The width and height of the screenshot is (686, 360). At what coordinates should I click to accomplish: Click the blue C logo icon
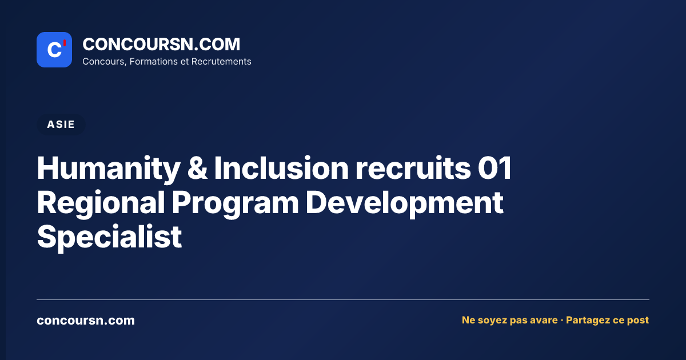[x=54, y=50]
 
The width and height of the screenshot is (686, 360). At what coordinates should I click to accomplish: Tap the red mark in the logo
[x=65, y=43]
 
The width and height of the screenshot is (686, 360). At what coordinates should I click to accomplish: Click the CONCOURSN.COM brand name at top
[x=161, y=44]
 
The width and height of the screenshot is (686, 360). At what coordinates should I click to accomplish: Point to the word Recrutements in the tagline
[x=221, y=62]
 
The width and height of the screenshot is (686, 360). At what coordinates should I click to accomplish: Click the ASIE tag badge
[x=61, y=125]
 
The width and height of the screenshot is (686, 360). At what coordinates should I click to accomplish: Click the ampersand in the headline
[x=197, y=168]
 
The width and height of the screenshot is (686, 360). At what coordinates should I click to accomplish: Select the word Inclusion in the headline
[x=281, y=168]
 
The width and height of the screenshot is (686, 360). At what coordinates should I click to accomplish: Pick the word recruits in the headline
[x=413, y=168]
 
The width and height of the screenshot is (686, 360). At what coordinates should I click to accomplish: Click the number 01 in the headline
[x=494, y=168]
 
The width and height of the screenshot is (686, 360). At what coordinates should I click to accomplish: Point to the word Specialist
[x=109, y=237]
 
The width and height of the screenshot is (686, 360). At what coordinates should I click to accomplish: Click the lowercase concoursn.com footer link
[x=86, y=321]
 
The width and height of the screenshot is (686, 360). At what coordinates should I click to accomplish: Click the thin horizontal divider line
[x=343, y=299]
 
